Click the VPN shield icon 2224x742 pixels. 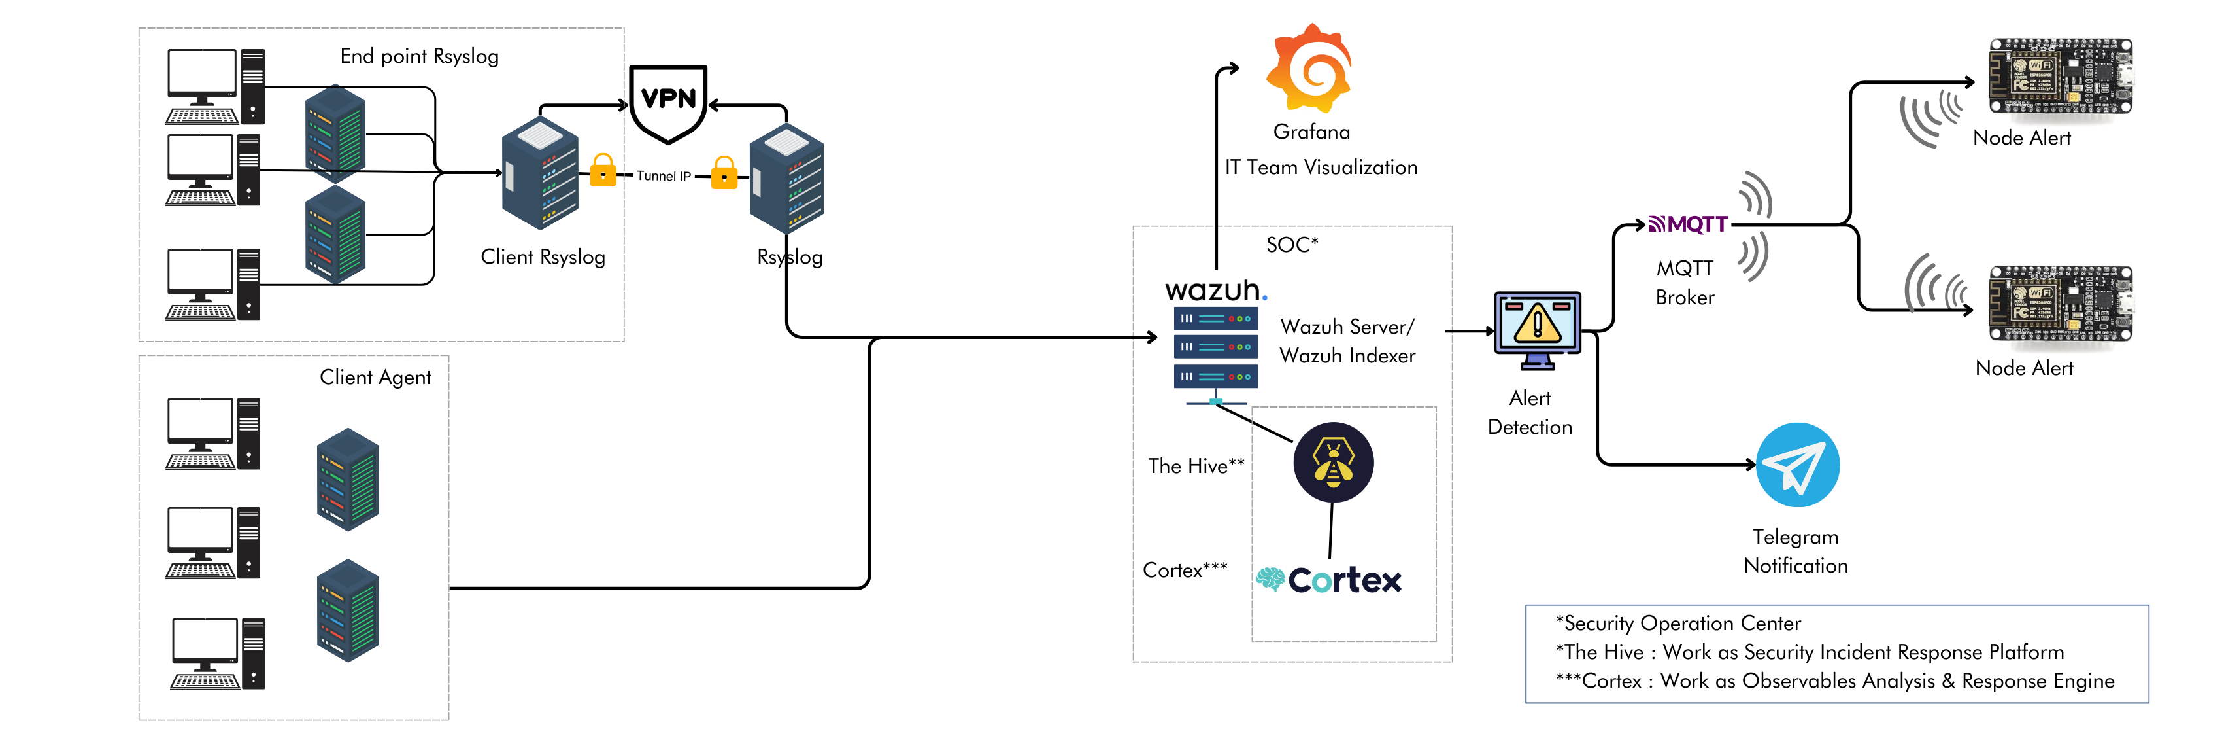click(668, 102)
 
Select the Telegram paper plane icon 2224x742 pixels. click(1798, 465)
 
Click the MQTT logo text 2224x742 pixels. click(1689, 224)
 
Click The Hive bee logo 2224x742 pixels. click(1333, 462)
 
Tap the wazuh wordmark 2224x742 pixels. click(1214, 291)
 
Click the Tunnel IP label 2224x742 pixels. click(663, 176)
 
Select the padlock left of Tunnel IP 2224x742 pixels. click(603, 171)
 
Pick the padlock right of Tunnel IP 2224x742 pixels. click(724, 173)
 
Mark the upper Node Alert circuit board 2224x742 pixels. click(2059, 76)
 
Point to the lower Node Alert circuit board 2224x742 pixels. click(2059, 304)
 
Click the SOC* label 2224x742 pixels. click(1292, 245)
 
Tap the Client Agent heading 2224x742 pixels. click(375, 378)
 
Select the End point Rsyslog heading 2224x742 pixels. click(419, 57)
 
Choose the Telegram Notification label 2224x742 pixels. click(1796, 551)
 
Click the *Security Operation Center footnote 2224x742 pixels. click(1677, 624)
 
